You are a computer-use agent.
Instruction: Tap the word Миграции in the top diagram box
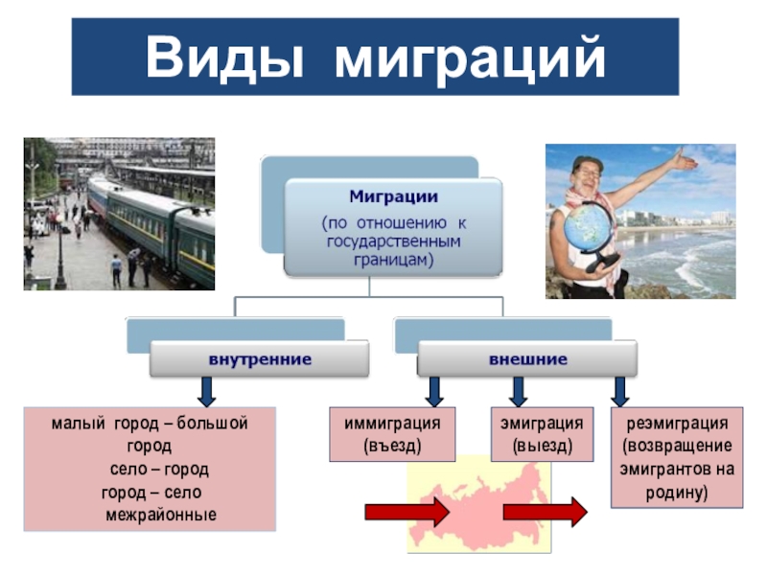click(x=393, y=196)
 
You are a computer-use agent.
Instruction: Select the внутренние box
click(x=260, y=359)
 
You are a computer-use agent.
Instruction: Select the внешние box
click(x=527, y=359)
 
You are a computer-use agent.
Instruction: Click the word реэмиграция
click(x=677, y=423)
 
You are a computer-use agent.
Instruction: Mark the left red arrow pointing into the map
click(x=406, y=513)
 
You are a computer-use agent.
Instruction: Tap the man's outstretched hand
click(x=684, y=161)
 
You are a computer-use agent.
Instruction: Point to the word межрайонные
click(x=161, y=515)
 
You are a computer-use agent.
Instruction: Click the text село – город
click(x=159, y=470)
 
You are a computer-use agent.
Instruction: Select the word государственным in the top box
click(x=393, y=241)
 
